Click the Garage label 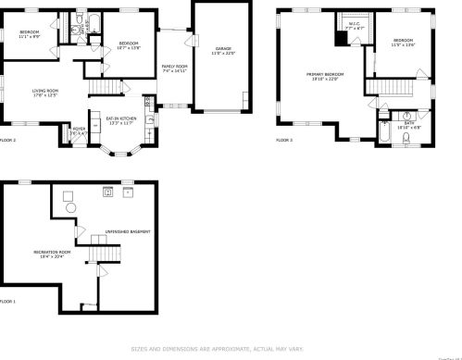(x=223, y=50)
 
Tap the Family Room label (x=175, y=68)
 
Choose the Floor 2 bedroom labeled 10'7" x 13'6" (x=128, y=44)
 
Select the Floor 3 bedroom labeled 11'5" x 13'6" (x=403, y=43)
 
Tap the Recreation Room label (x=52, y=254)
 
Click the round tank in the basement (x=68, y=209)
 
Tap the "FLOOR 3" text (x=284, y=141)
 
